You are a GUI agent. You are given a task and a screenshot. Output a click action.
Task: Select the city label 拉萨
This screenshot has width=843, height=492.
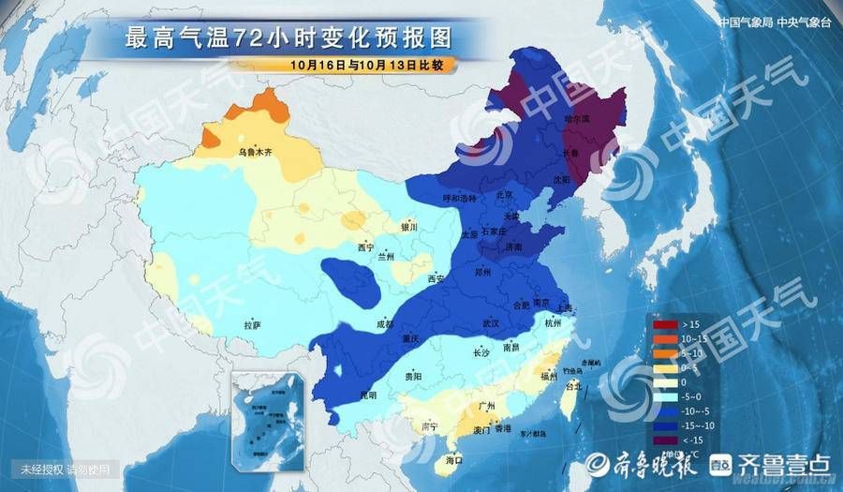pyautogui.click(x=251, y=325)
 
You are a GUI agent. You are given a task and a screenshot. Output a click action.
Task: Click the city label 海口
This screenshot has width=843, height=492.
pyautogui.click(x=454, y=461)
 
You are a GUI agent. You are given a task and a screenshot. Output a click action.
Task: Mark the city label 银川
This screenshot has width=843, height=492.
pyautogui.click(x=408, y=227)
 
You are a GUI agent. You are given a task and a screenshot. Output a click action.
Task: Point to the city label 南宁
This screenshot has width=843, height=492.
pyautogui.click(x=431, y=426)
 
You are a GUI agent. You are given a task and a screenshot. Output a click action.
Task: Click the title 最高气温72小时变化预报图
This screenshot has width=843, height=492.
pyautogui.click(x=289, y=38)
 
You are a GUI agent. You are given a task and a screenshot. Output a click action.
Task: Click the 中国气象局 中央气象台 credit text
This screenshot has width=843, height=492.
pyautogui.click(x=774, y=22)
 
